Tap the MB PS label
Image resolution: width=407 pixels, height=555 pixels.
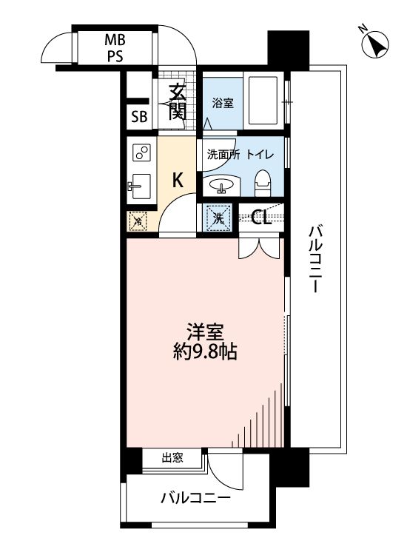(x=113, y=47)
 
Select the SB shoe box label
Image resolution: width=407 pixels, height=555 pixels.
(x=138, y=116)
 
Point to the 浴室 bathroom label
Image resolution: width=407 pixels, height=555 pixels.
(x=222, y=104)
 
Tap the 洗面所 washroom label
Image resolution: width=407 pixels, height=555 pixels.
(x=222, y=155)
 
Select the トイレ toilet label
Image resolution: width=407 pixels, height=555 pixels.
(x=260, y=155)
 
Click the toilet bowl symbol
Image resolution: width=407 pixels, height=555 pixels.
(x=261, y=182)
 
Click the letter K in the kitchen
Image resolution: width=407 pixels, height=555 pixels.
(x=178, y=179)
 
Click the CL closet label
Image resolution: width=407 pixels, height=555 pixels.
(x=260, y=218)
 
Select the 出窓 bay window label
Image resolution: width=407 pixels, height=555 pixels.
(x=172, y=458)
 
